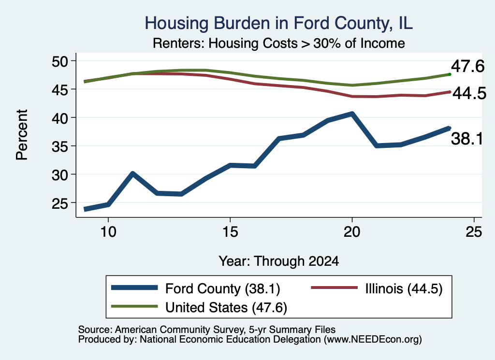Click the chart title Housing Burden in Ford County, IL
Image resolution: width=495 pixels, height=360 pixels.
pos(279,23)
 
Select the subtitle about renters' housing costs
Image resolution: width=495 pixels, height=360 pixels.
pos(279,43)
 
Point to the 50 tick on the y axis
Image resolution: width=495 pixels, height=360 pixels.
pos(60,61)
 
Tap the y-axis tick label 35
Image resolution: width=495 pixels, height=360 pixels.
pos(60,146)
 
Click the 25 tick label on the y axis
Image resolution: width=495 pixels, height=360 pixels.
pos(60,203)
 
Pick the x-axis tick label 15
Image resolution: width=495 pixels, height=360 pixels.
pos(230,232)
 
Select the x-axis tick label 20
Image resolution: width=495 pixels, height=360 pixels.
pos(352,232)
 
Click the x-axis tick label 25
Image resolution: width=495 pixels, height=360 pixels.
pos(474,232)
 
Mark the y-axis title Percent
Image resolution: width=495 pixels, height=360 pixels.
pos(22,135)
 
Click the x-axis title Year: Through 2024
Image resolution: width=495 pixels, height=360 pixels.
pos(279,261)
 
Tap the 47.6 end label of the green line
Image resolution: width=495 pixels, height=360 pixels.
pos(467,66)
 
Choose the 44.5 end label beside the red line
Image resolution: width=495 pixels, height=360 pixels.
pos(469,94)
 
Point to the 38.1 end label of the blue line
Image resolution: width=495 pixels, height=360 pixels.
pos(467,139)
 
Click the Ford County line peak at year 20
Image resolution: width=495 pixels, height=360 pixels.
pos(352,114)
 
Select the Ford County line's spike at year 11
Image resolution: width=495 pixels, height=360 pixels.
pos(132,174)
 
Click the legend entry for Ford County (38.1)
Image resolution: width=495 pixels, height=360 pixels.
pos(196,288)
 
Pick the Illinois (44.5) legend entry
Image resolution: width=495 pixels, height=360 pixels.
pos(377,288)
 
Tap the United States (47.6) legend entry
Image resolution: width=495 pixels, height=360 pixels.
pos(199,307)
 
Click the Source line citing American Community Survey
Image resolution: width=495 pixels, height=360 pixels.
pos(207,330)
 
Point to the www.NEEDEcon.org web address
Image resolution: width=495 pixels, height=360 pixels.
pos(373,340)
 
